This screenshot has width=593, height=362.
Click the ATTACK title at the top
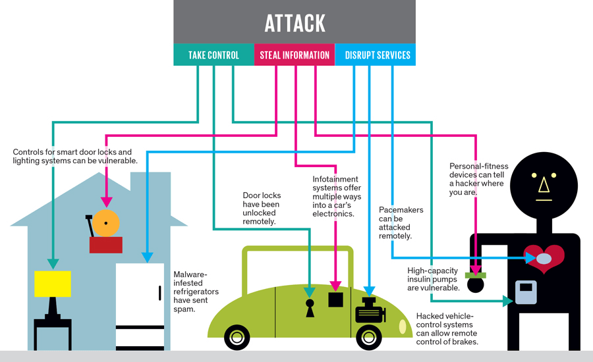point(295,23)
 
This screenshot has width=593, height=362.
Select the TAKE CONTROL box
point(213,55)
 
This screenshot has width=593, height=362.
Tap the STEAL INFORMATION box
point(295,55)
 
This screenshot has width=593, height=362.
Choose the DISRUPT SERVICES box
point(376,55)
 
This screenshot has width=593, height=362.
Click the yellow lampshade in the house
point(52,284)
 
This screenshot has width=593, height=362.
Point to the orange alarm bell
point(105,224)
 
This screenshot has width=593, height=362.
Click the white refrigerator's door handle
point(159,293)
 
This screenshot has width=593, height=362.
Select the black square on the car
point(336,300)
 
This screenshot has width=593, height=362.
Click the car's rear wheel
point(237,338)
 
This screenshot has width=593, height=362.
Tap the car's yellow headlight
point(401,326)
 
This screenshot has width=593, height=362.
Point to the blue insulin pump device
point(526,292)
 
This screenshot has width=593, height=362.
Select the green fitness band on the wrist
point(475,274)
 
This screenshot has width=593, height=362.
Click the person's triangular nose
point(544,188)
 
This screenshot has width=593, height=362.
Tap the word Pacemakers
point(401,211)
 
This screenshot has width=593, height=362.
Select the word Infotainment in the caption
point(335,179)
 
